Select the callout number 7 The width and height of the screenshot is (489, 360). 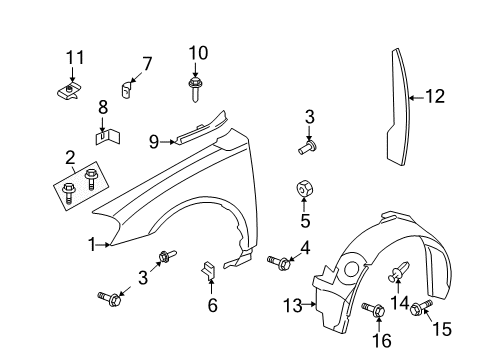coord(147,63)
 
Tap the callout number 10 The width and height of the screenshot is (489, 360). coord(197,52)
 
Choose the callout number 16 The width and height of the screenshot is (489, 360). coord(379,339)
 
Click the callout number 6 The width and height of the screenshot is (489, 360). coord(212,306)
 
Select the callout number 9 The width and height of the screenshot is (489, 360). coord(155,141)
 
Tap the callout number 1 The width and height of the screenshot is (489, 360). coord(91,243)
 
